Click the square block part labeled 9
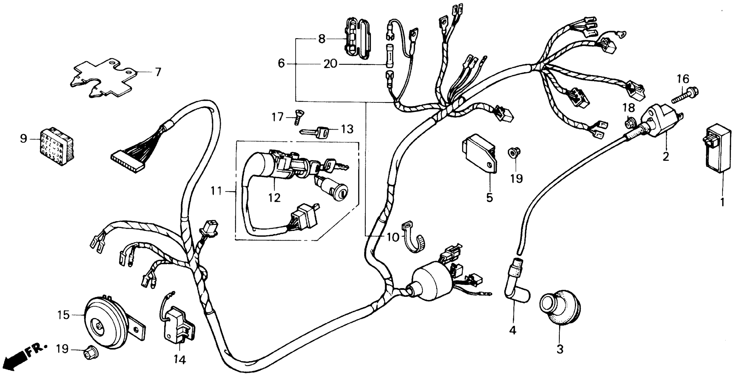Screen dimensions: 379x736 (56, 147)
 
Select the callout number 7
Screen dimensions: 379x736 (158, 72)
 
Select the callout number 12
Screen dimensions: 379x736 (274, 197)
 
